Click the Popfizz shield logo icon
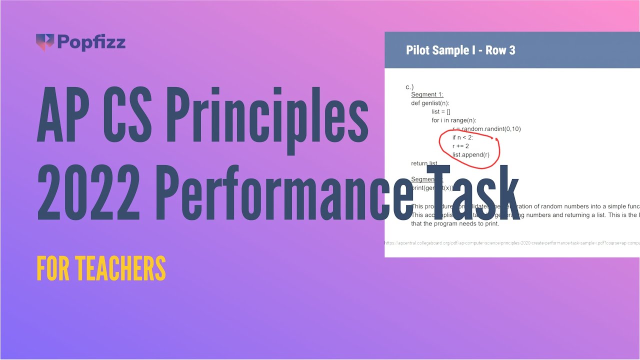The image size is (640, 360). pyautogui.click(x=44, y=42)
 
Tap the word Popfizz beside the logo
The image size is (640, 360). pyautogui.click(x=91, y=42)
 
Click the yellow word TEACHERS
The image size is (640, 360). pyautogui.click(x=120, y=268)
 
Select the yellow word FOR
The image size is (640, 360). pyautogui.click(x=52, y=268)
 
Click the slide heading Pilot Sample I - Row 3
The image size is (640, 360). pyautogui.click(x=460, y=50)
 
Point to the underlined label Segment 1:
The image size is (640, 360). pyautogui.click(x=427, y=94)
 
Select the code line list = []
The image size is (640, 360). pyautogui.click(x=441, y=111)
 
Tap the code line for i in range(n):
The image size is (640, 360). pyautogui.click(x=454, y=120)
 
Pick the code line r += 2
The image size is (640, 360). pyautogui.click(x=460, y=146)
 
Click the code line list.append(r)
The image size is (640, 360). pyautogui.click(x=471, y=154)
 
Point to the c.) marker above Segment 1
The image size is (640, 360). pyautogui.click(x=409, y=87)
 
